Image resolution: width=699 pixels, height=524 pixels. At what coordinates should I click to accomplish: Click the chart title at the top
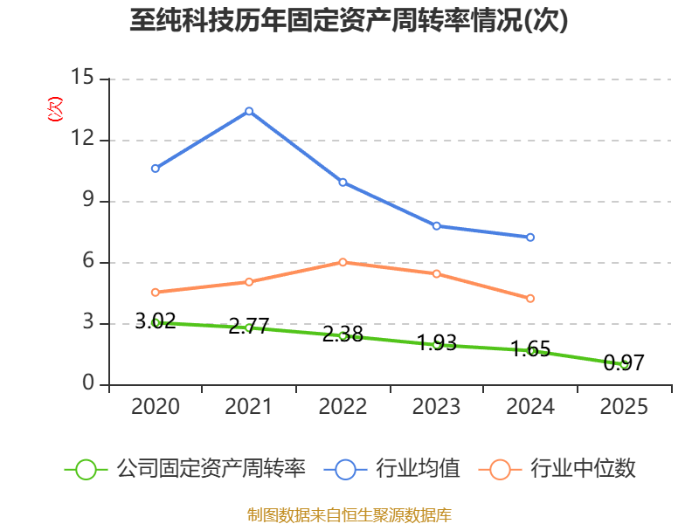(349, 21)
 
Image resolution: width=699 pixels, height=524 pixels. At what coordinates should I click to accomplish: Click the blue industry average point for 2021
(249, 111)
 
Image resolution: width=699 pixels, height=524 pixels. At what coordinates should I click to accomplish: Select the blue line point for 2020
(156, 168)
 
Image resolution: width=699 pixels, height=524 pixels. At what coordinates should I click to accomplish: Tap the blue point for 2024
(530, 237)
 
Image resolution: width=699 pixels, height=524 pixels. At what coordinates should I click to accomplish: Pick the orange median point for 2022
(343, 262)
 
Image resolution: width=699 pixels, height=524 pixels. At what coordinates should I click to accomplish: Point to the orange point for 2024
(530, 298)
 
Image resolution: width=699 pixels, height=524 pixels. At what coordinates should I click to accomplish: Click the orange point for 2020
(156, 292)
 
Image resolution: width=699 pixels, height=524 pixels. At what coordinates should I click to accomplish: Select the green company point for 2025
(624, 363)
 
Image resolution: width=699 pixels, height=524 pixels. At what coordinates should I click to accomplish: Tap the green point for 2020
(156, 322)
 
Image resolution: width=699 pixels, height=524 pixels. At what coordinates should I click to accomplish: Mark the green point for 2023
(437, 344)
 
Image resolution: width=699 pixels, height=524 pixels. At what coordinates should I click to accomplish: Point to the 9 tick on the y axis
(88, 201)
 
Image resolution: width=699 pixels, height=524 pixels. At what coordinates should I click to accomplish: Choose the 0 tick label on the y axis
(88, 384)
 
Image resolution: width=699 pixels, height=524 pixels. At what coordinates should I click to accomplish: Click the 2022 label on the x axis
(343, 407)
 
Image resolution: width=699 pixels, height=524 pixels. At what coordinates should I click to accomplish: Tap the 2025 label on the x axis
(624, 407)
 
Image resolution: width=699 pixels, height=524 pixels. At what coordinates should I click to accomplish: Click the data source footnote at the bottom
(349, 514)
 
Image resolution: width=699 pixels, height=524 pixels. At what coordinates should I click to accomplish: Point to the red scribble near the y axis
(55, 109)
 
